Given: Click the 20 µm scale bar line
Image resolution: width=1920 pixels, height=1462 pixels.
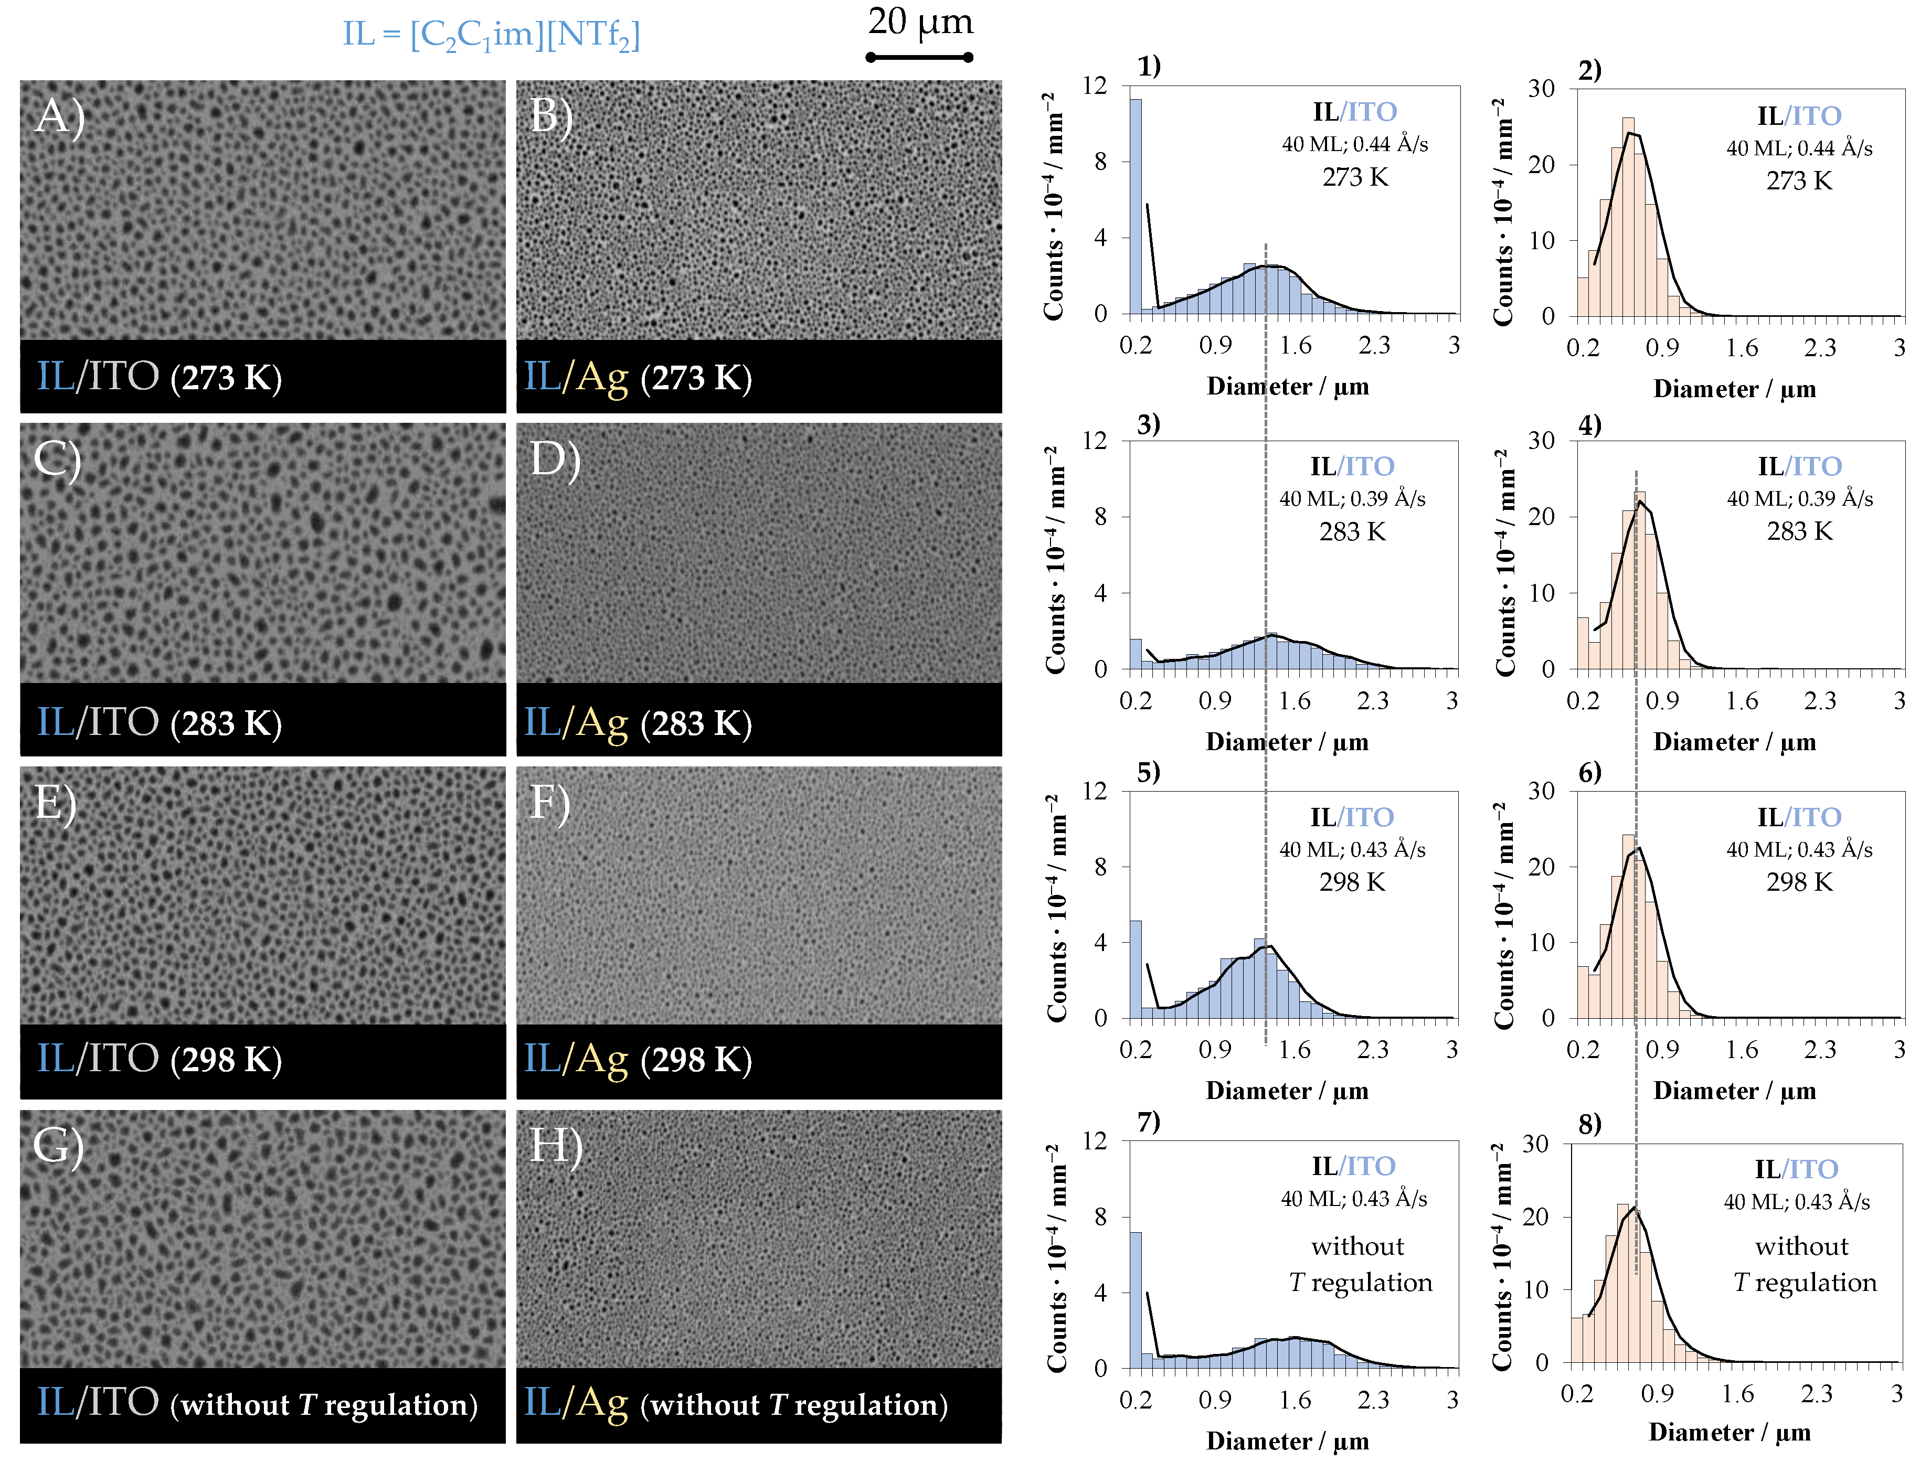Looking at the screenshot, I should click(919, 57).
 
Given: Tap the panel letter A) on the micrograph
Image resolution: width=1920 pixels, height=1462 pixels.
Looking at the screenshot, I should click(59, 116).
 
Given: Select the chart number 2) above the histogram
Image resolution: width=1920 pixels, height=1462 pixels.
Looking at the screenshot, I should click(1589, 70).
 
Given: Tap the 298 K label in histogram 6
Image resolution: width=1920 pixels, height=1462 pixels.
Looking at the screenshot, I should click(1798, 882).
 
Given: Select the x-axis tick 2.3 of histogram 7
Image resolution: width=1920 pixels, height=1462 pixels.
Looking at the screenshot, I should click(1373, 1400).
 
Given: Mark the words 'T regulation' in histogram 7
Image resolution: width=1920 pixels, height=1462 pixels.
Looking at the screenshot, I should click(1360, 1283).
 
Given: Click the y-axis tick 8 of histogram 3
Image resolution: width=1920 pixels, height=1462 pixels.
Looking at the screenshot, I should click(1100, 517).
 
